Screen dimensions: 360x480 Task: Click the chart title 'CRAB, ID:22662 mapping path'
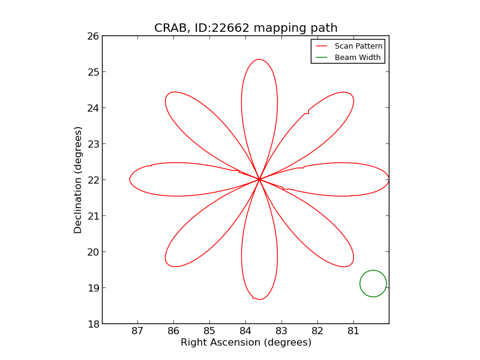point(245,28)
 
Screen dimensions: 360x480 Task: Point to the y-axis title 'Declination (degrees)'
point(78,179)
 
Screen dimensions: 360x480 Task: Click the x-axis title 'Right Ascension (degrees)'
point(245,343)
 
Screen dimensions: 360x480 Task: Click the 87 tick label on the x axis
point(138,332)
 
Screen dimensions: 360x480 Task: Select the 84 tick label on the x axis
point(245,332)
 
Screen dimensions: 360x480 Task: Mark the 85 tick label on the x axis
point(209,332)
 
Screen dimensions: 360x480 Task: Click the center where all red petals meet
point(259,179)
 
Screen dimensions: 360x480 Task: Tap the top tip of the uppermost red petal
point(259,59)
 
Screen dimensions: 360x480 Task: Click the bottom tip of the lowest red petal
point(259,299)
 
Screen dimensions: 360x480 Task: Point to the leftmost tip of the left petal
point(130,179)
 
